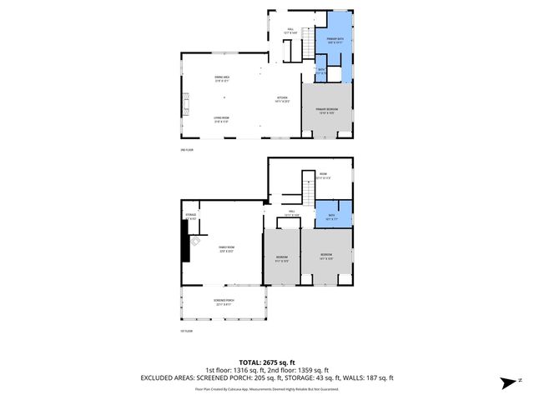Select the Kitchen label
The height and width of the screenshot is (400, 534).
[x=283, y=98]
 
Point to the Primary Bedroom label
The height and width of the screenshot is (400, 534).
[x=326, y=112]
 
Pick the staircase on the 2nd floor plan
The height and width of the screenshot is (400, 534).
[x=309, y=42]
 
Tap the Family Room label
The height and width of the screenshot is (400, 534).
[x=226, y=247]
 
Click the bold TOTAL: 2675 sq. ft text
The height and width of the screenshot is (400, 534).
[x=266, y=362]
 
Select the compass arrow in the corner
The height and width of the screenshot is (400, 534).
[x=506, y=382]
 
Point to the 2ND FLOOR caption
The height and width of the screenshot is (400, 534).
[x=186, y=150]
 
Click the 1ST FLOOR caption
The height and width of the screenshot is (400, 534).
[x=186, y=331]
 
